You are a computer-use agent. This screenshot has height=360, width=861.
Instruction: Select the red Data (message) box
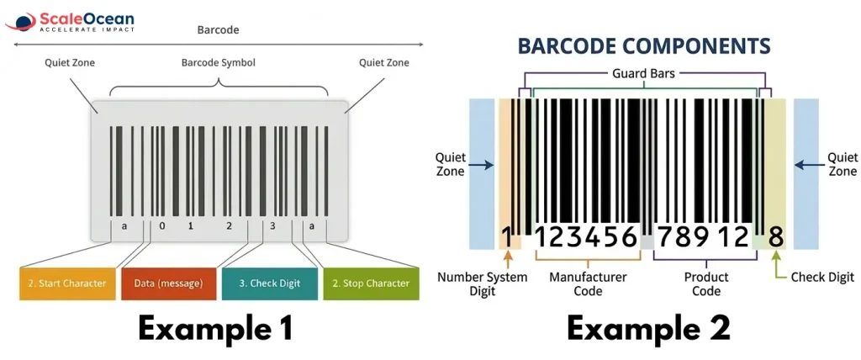click(x=168, y=283)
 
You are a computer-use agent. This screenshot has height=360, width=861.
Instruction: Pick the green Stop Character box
click(x=371, y=283)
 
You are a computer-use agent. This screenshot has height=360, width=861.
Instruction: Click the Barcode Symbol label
click(x=218, y=62)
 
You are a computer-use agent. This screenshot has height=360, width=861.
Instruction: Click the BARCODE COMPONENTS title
click(x=643, y=45)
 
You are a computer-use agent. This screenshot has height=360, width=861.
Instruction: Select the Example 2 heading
click(x=648, y=328)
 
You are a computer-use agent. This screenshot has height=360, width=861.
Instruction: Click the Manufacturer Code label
click(x=588, y=283)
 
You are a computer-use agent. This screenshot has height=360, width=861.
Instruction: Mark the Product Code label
click(x=706, y=283)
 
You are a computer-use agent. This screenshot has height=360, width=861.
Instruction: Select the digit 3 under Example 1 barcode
click(x=272, y=225)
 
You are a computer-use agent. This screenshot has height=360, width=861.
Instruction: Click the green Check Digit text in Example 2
click(x=822, y=277)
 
